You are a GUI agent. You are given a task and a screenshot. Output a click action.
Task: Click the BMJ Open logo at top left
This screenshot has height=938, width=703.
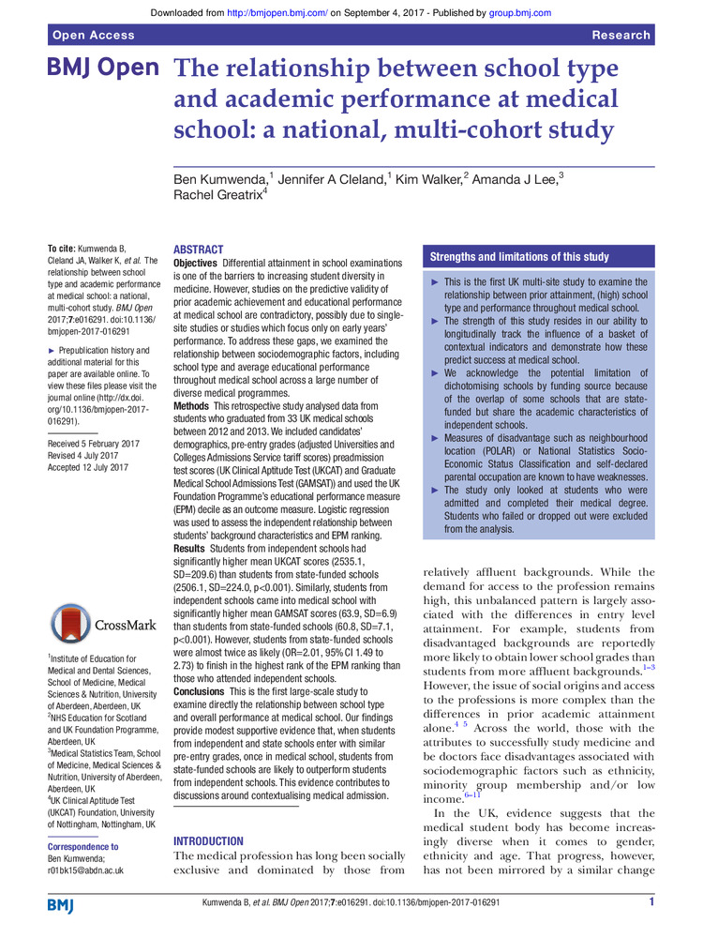[102, 71]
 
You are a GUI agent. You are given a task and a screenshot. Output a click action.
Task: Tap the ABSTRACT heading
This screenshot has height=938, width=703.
[199, 250]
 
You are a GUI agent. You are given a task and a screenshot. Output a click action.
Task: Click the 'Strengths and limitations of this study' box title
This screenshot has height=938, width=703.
[519, 257]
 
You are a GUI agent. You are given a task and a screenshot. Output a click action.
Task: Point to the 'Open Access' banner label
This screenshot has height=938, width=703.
[92, 35]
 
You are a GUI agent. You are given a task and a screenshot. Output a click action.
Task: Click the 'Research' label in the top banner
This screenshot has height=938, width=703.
[621, 35]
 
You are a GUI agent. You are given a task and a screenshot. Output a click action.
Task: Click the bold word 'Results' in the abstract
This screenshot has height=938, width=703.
[195, 547]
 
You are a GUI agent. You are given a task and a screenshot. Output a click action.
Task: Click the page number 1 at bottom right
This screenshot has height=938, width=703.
[651, 902]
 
